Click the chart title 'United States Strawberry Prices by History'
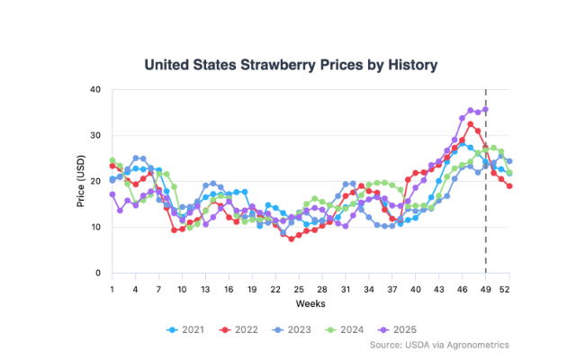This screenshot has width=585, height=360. (291, 65)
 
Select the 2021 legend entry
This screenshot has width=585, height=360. (185, 329)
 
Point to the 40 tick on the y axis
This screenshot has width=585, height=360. (94, 89)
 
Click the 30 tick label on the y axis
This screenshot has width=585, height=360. (94, 135)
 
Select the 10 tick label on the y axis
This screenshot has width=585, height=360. (94, 227)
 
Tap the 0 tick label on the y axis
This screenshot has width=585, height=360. (97, 273)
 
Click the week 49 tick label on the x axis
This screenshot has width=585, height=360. (486, 289)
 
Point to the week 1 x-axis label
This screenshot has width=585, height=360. (112, 289)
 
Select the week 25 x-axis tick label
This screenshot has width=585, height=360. (299, 289)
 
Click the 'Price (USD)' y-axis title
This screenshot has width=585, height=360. (80, 181)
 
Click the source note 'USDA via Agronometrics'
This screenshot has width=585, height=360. (471, 345)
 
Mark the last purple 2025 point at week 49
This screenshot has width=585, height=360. (486, 110)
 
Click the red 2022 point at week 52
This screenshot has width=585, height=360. (509, 186)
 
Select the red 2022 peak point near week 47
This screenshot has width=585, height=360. (471, 124)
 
